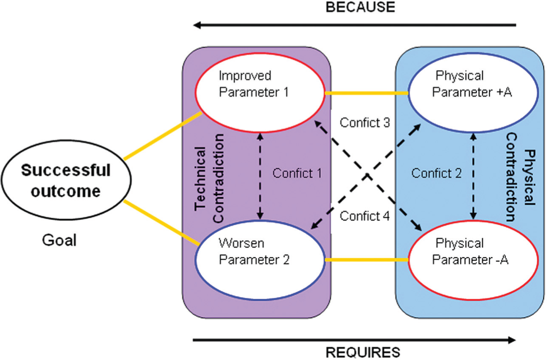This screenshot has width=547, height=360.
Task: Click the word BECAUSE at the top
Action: point(360,7)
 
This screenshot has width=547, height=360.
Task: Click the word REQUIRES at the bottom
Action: point(363,352)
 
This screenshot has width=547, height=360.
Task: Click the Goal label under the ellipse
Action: point(59,240)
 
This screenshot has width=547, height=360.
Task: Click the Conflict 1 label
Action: point(297,173)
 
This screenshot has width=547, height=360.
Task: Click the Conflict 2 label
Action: point(437,173)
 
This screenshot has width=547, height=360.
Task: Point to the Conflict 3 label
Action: point(365,123)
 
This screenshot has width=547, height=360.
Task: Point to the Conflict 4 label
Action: point(365,216)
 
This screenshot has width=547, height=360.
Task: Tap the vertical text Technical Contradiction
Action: point(209,178)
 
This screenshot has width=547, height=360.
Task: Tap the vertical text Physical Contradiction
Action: point(521,177)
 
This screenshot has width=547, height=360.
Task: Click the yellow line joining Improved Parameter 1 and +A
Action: point(367,93)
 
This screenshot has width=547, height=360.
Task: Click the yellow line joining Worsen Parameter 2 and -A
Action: point(367,260)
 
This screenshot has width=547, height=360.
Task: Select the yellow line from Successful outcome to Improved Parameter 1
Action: point(163,136)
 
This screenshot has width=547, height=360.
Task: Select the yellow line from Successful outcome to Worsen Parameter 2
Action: point(162,223)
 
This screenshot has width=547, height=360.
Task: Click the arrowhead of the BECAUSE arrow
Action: point(197,25)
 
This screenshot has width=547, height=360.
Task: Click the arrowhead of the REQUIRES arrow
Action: point(512,340)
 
